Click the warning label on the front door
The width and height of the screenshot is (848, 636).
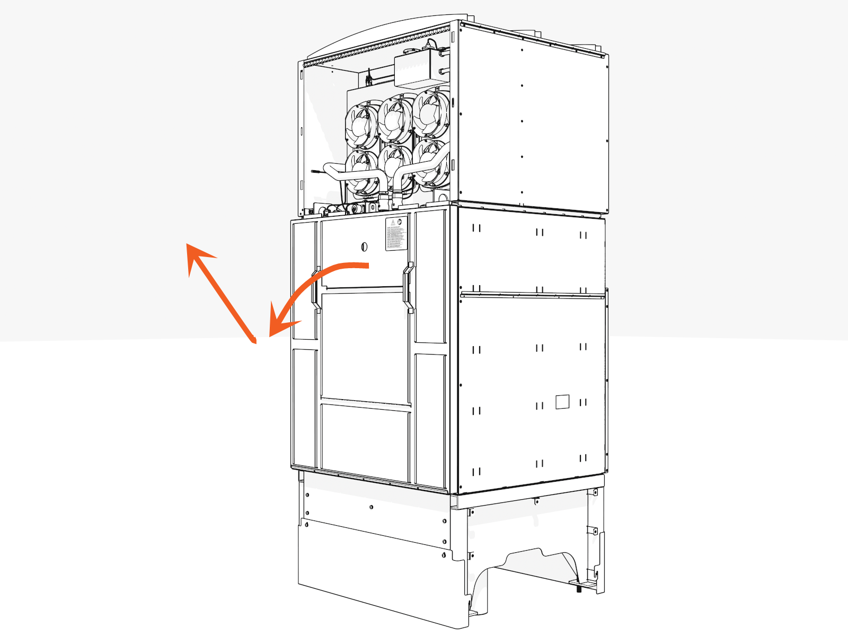click(x=396, y=233)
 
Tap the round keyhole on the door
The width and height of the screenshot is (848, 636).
click(x=364, y=246)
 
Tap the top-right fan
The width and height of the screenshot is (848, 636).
click(x=429, y=112)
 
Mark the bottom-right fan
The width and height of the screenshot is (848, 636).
click(x=429, y=162)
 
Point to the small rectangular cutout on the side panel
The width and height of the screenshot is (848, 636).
click(x=562, y=402)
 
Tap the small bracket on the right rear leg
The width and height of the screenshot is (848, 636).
click(x=593, y=531)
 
